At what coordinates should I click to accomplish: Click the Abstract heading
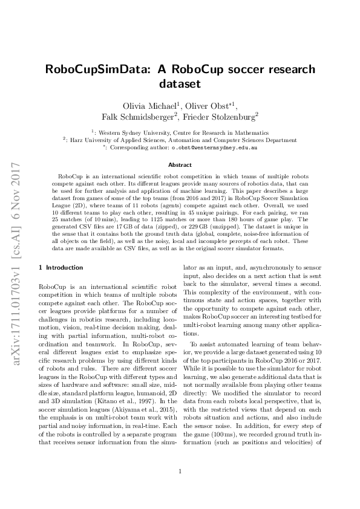point(180,164)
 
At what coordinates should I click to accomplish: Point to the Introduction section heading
point(58,267)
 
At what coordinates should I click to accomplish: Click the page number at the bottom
point(180,472)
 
